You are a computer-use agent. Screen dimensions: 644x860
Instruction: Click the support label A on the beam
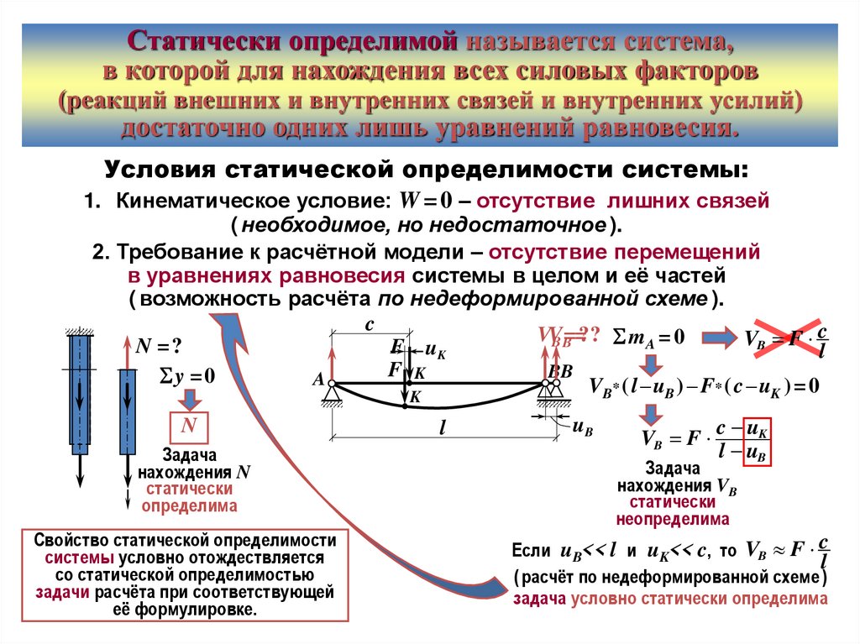(319, 380)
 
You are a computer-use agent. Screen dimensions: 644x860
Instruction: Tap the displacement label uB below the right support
(582, 428)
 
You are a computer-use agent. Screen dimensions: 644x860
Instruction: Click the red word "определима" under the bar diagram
(189, 506)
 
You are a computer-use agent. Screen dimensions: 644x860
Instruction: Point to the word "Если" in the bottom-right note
(532, 552)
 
